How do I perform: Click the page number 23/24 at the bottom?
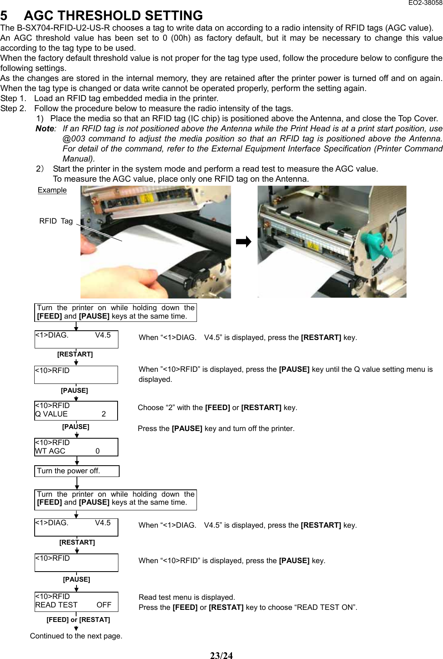click(x=221, y=655)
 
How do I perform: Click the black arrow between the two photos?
click(x=244, y=242)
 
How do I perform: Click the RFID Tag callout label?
click(x=56, y=221)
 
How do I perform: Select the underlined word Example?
click(x=52, y=190)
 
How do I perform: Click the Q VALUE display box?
click(x=76, y=410)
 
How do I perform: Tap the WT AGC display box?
click(x=76, y=447)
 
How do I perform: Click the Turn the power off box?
click(x=77, y=471)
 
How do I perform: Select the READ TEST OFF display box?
click(x=76, y=601)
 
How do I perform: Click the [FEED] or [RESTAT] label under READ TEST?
click(x=78, y=620)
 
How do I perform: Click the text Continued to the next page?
click(x=76, y=636)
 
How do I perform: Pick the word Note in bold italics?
click(x=44, y=128)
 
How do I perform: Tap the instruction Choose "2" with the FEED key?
click(x=217, y=408)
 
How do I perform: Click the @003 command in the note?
click(x=74, y=139)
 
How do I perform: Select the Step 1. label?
click(x=14, y=98)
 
